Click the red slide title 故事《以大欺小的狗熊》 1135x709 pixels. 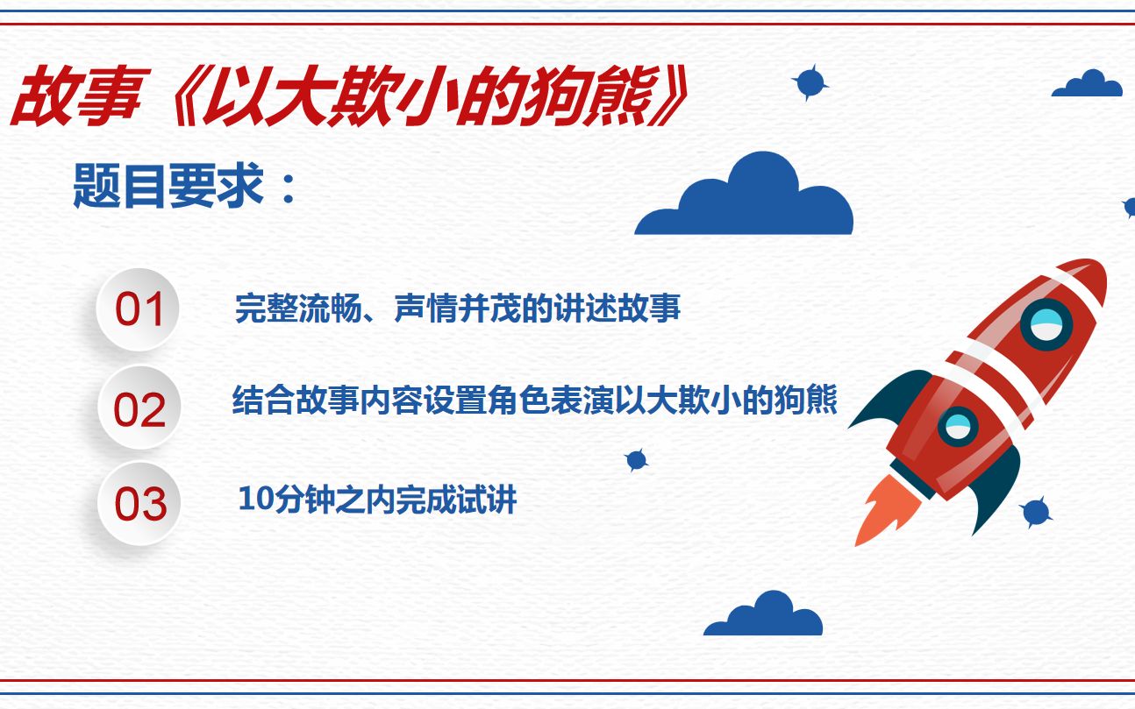(346, 97)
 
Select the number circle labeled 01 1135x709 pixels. (139, 309)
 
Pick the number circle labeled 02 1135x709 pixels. (139, 409)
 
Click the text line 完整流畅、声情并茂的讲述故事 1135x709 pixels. (457, 309)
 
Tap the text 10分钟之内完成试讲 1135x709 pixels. (377, 500)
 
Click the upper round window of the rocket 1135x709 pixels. (1046, 324)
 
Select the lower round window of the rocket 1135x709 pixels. (957, 427)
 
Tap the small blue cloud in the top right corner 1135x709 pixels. (1088, 85)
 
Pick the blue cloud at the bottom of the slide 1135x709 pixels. (763, 616)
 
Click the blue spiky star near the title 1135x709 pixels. (810, 82)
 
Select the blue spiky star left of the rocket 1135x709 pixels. (636, 460)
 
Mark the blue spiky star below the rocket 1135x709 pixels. (1036, 512)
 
